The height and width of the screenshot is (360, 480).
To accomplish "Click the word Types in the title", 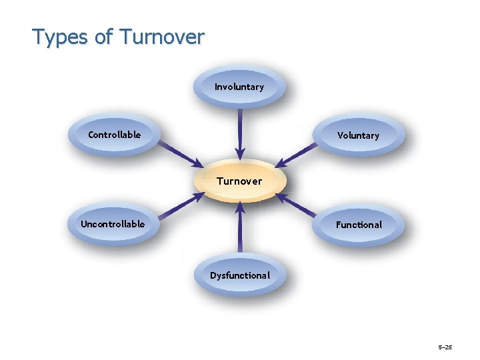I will [61, 37].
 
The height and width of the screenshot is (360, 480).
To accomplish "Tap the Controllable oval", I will [115, 135].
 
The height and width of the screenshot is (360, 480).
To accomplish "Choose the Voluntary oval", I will [358, 136].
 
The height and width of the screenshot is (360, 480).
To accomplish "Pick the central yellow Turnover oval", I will [239, 181].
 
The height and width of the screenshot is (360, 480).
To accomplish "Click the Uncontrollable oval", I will [113, 225].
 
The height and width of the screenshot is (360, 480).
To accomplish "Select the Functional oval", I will [359, 225].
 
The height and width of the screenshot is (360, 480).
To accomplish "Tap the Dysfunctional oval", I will [240, 275].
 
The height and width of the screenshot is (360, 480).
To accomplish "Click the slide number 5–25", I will [445, 347].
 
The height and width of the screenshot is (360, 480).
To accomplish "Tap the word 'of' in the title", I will [104, 37].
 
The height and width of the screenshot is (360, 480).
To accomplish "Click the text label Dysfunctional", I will [240, 275].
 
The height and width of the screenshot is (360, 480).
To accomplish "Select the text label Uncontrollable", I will [113, 224].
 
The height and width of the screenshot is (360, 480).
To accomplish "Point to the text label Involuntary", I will [239, 87].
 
